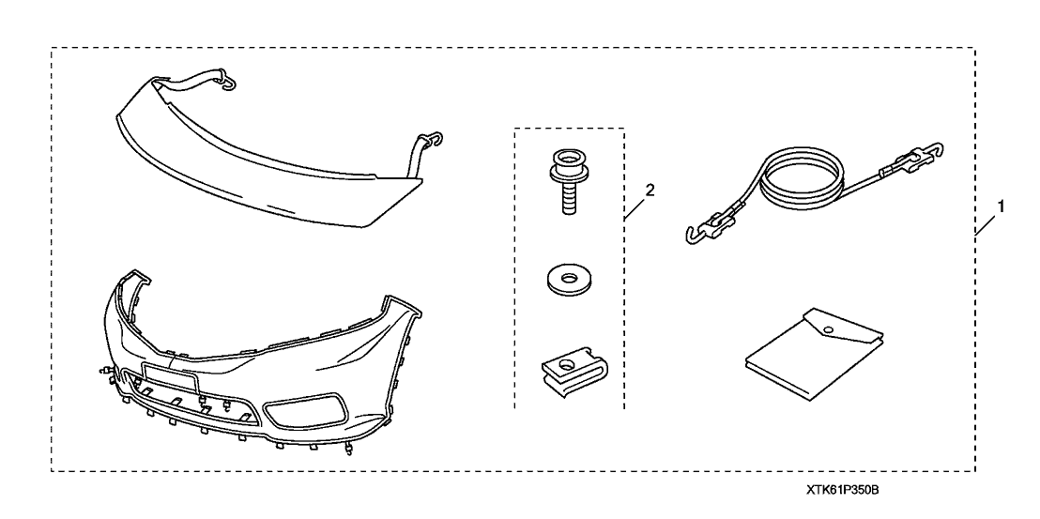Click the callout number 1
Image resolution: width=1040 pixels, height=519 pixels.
1001,206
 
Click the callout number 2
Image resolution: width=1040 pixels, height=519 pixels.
650,191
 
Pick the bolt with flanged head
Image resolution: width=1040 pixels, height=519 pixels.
569,181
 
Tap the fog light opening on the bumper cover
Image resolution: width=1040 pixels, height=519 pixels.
306,410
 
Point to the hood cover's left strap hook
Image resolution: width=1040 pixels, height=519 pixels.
226,81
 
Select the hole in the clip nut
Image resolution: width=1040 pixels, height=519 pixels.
568,363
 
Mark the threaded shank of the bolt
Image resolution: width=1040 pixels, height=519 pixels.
569,199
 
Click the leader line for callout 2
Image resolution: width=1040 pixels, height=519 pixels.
635,209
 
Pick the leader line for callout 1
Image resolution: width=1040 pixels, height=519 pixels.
986,225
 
